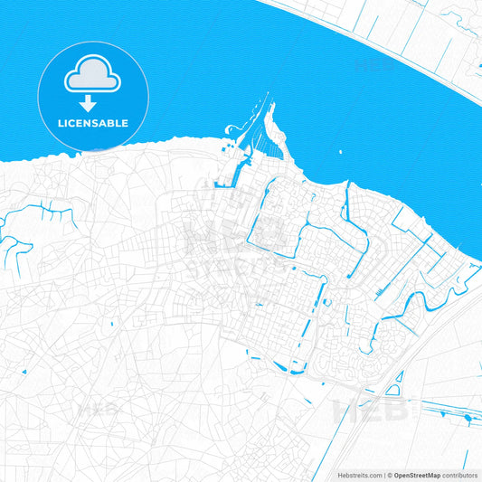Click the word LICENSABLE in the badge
[93, 123]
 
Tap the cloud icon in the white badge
[93, 76]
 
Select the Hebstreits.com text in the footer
[356, 475]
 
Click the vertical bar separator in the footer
[383, 475]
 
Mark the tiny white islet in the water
[341, 153]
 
